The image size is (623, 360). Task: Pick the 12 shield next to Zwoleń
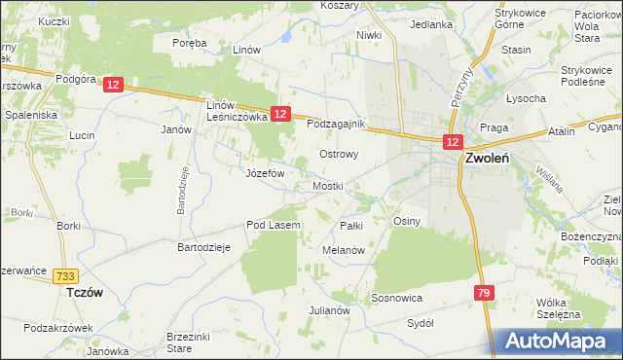tap(453, 142)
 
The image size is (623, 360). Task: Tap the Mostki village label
tap(328, 185)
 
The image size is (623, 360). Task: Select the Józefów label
tap(264, 173)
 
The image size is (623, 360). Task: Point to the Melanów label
tap(343, 250)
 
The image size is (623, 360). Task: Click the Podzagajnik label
tap(336, 125)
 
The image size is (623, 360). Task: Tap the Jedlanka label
tap(432, 24)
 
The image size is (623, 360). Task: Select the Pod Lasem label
tap(273, 225)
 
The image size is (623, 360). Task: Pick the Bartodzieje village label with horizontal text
tap(202, 247)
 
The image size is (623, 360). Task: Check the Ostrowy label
tap(340, 154)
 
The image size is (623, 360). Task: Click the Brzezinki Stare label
tap(193, 341)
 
